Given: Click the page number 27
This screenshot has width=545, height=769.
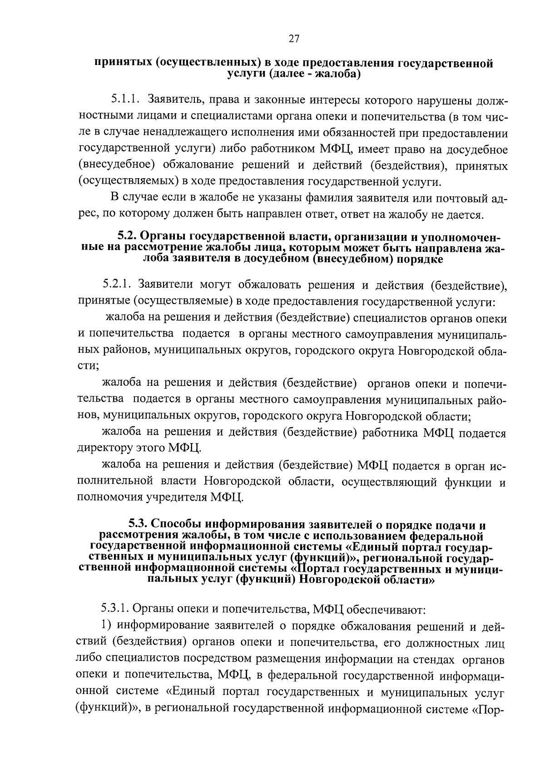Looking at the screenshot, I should point(293,39).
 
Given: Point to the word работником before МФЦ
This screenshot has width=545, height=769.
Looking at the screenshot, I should point(265,149).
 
